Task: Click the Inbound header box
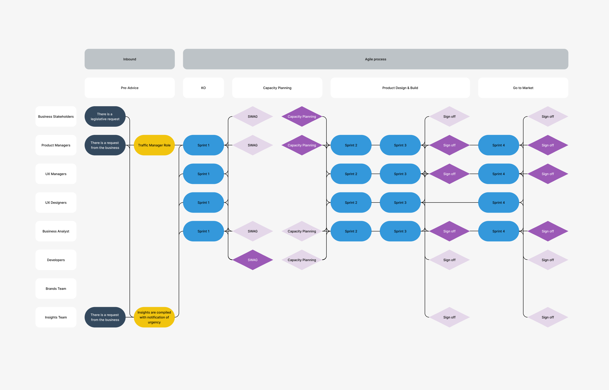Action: (x=130, y=59)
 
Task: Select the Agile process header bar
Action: (x=375, y=59)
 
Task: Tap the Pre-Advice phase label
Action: (x=130, y=88)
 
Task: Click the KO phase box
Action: (x=203, y=88)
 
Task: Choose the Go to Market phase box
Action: (x=523, y=88)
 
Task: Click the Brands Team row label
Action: (x=56, y=288)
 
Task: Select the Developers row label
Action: (x=56, y=260)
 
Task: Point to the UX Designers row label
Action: (x=56, y=203)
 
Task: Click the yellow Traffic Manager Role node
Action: (x=154, y=145)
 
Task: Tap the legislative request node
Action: (x=105, y=117)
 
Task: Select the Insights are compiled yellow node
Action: (x=154, y=317)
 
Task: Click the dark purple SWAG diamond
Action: (x=252, y=260)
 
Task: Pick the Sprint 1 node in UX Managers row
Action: (x=203, y=174)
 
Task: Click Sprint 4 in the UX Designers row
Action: (x=498, y=203)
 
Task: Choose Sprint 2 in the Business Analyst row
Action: (x=351, y=231)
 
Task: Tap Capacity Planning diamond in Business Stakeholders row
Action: (x=302, y=117)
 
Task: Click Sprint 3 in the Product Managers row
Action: (x=400, y=145)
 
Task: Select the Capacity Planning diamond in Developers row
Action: (x=302, y=260)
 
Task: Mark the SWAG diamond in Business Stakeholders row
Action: (x=252, y=117)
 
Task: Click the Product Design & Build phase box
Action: (x=400, y=88)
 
